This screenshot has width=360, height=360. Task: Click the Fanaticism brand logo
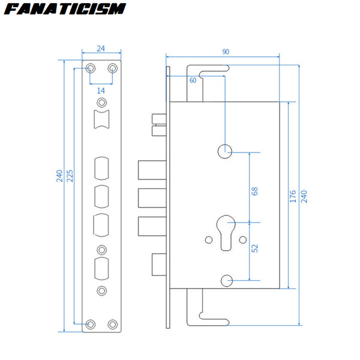pos(65,9)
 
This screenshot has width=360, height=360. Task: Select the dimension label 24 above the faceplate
pos(101,49)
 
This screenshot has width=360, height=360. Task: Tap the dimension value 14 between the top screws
pos(101,91)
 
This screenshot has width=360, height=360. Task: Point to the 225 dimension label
pos(70,176)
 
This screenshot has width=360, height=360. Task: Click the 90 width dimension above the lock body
pos(226,52)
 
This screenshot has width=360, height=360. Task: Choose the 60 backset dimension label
pos(193,80)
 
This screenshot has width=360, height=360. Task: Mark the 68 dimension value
pos(254,191)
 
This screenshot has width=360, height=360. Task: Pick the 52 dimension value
pos(254,248)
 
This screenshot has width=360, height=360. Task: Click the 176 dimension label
pos(293,196)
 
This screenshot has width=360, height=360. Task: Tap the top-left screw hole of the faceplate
pos(91,68)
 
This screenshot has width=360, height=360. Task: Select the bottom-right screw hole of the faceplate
pos(113,324)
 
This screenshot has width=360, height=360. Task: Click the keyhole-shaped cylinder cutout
pos(226,233)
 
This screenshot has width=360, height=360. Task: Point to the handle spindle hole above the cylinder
pos(225,151)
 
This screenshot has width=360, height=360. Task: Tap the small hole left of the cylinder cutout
pos(209,240)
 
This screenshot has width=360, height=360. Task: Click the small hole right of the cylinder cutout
pos(242,240)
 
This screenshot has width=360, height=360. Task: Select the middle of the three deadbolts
pos(152,198)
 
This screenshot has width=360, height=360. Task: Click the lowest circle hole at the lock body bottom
pos(227,281)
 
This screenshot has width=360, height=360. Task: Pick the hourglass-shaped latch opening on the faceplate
pos(102,119)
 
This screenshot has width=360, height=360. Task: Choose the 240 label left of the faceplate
pos(59,176)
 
